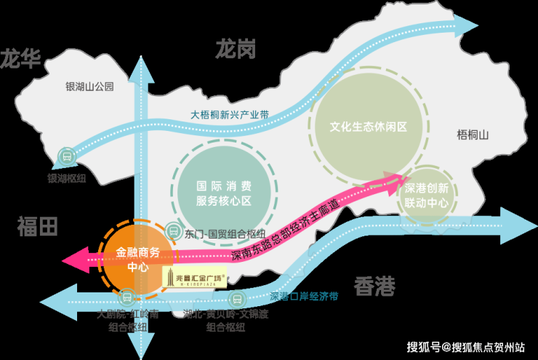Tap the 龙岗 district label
point(236,49)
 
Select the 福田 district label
point(37,226)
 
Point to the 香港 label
point(374,287)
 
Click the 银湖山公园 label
point(90,87)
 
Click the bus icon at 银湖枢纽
point(66,156)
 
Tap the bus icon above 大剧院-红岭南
point(127,297)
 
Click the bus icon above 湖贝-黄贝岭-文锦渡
point(237,298)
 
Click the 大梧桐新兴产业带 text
point(230,114)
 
